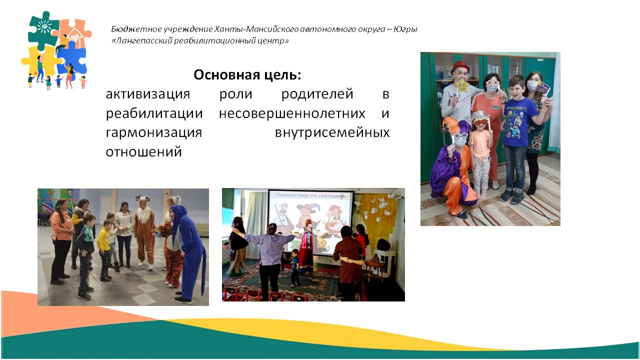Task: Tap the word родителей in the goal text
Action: (317, 94)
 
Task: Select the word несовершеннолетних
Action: (292, 113)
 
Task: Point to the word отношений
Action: (143, 151)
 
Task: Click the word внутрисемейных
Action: (332, 132)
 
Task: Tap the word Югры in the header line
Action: (405, 29)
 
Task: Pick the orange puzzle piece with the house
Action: (75, 32)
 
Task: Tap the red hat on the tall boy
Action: (460, 66)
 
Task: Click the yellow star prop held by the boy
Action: (461, 85)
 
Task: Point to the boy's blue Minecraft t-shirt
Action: (519, 120)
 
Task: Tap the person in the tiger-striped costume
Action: (172, 251)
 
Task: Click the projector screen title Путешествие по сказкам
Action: (310, 195)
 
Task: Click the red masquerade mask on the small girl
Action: (480, 121)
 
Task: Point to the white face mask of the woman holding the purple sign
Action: (532, 85)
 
